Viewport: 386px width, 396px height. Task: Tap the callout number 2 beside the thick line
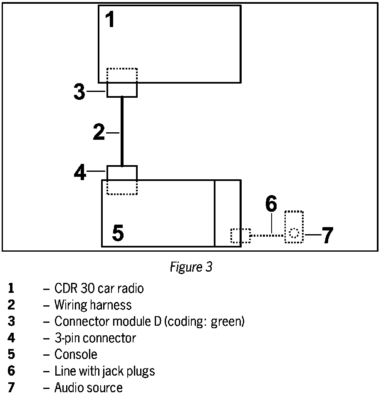pos(99,132)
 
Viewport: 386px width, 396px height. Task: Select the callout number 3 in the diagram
pos(79,92)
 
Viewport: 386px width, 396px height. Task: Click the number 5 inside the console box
pos(118,233)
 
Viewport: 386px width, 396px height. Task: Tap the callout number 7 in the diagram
pos(327,235)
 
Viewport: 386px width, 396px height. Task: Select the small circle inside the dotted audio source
pos(294,233)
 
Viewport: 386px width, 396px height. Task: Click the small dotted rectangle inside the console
pos(240,235)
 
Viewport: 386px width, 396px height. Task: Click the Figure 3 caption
pos(191,267)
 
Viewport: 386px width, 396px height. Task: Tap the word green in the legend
pos(228,322)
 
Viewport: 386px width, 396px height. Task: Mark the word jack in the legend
pos(112,371)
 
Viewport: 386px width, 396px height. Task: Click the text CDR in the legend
pos(64,288)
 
